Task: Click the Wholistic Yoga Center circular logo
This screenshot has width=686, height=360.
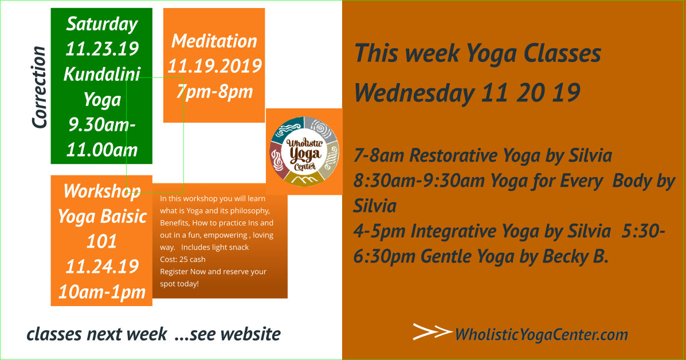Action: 304,152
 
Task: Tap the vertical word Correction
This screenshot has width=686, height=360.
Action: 39,88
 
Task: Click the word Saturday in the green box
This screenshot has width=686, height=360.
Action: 102,24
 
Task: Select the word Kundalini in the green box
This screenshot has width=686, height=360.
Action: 102,74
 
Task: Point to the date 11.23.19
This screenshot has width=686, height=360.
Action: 102,49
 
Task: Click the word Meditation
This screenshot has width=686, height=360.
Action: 214,41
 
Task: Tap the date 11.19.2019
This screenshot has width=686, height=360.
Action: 214,66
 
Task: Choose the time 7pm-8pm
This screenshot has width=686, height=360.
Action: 214,92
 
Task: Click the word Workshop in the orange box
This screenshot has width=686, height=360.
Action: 102,191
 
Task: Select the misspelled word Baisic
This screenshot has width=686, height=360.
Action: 124,217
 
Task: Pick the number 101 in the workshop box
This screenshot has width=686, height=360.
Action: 101,241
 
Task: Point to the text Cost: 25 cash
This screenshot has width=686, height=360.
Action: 183,259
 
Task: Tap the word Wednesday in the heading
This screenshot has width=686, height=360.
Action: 414,93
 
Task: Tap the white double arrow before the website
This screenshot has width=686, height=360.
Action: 432,331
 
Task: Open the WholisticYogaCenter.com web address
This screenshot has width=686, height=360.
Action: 542,335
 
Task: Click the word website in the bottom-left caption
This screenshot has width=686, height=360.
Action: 250,334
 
